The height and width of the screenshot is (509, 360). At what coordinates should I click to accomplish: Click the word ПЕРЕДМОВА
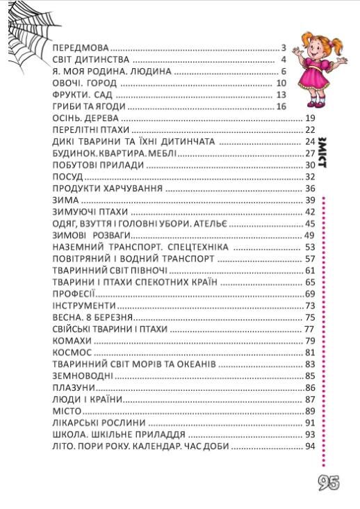(81, 48)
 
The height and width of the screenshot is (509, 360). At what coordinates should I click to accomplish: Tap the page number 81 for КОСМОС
(310, 353)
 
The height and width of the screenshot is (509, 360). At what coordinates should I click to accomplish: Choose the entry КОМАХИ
(72, 341)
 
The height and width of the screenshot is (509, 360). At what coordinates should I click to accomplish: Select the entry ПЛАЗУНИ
(74, 387)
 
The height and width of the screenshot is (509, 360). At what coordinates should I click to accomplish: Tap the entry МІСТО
(67, 411)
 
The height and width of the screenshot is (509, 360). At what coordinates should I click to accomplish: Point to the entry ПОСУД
(68, 177)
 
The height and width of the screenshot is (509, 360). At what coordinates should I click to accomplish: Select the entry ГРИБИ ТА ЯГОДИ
(90, 106)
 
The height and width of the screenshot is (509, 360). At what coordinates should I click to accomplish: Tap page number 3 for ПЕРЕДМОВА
(284, 48)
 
